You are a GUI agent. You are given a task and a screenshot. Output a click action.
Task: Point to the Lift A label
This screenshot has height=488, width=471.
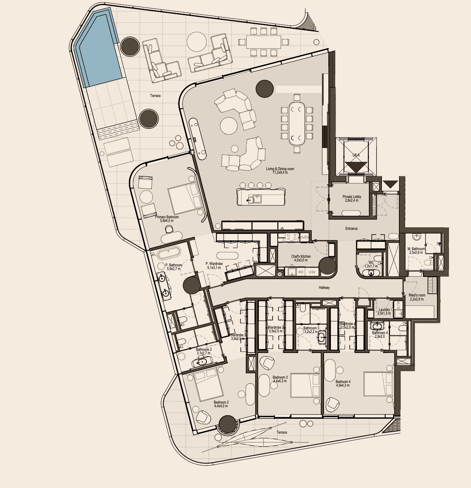pyautogui.click(x=356, y=155)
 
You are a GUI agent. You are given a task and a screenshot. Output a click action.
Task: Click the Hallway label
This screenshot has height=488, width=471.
pyautogui.click(x=324, y=288)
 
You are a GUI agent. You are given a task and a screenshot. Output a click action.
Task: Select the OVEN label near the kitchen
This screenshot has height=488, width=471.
pyautogui.click(x=304, y=237)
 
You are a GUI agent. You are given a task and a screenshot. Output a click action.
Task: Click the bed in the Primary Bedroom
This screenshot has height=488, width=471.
pyautogui.click(x=185, y=198)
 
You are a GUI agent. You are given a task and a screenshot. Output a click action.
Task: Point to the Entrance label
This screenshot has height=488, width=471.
pyautogui.click(x=351, y=229)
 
